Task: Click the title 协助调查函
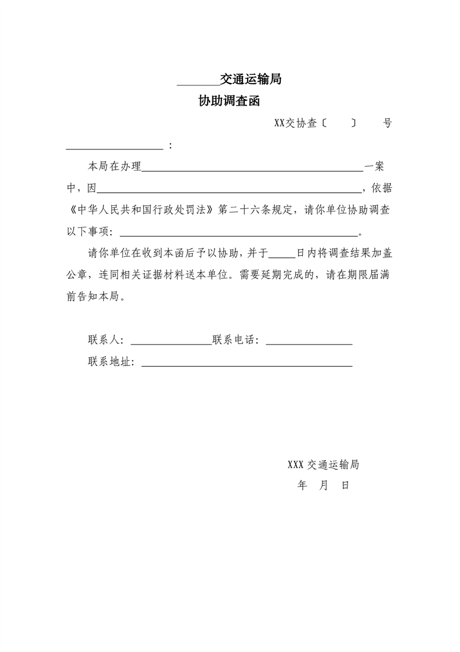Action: coord(229,102)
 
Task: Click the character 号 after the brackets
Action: coord(387,123)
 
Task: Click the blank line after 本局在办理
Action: coord(252,170)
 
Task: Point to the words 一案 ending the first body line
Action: coord(374,167)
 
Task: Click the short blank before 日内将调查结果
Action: coord(282,256)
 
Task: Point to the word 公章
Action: coord(77,274)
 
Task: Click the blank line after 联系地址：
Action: coord(247,366)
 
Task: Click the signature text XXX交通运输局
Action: coord(323,465)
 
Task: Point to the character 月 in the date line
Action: coord(323,485)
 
